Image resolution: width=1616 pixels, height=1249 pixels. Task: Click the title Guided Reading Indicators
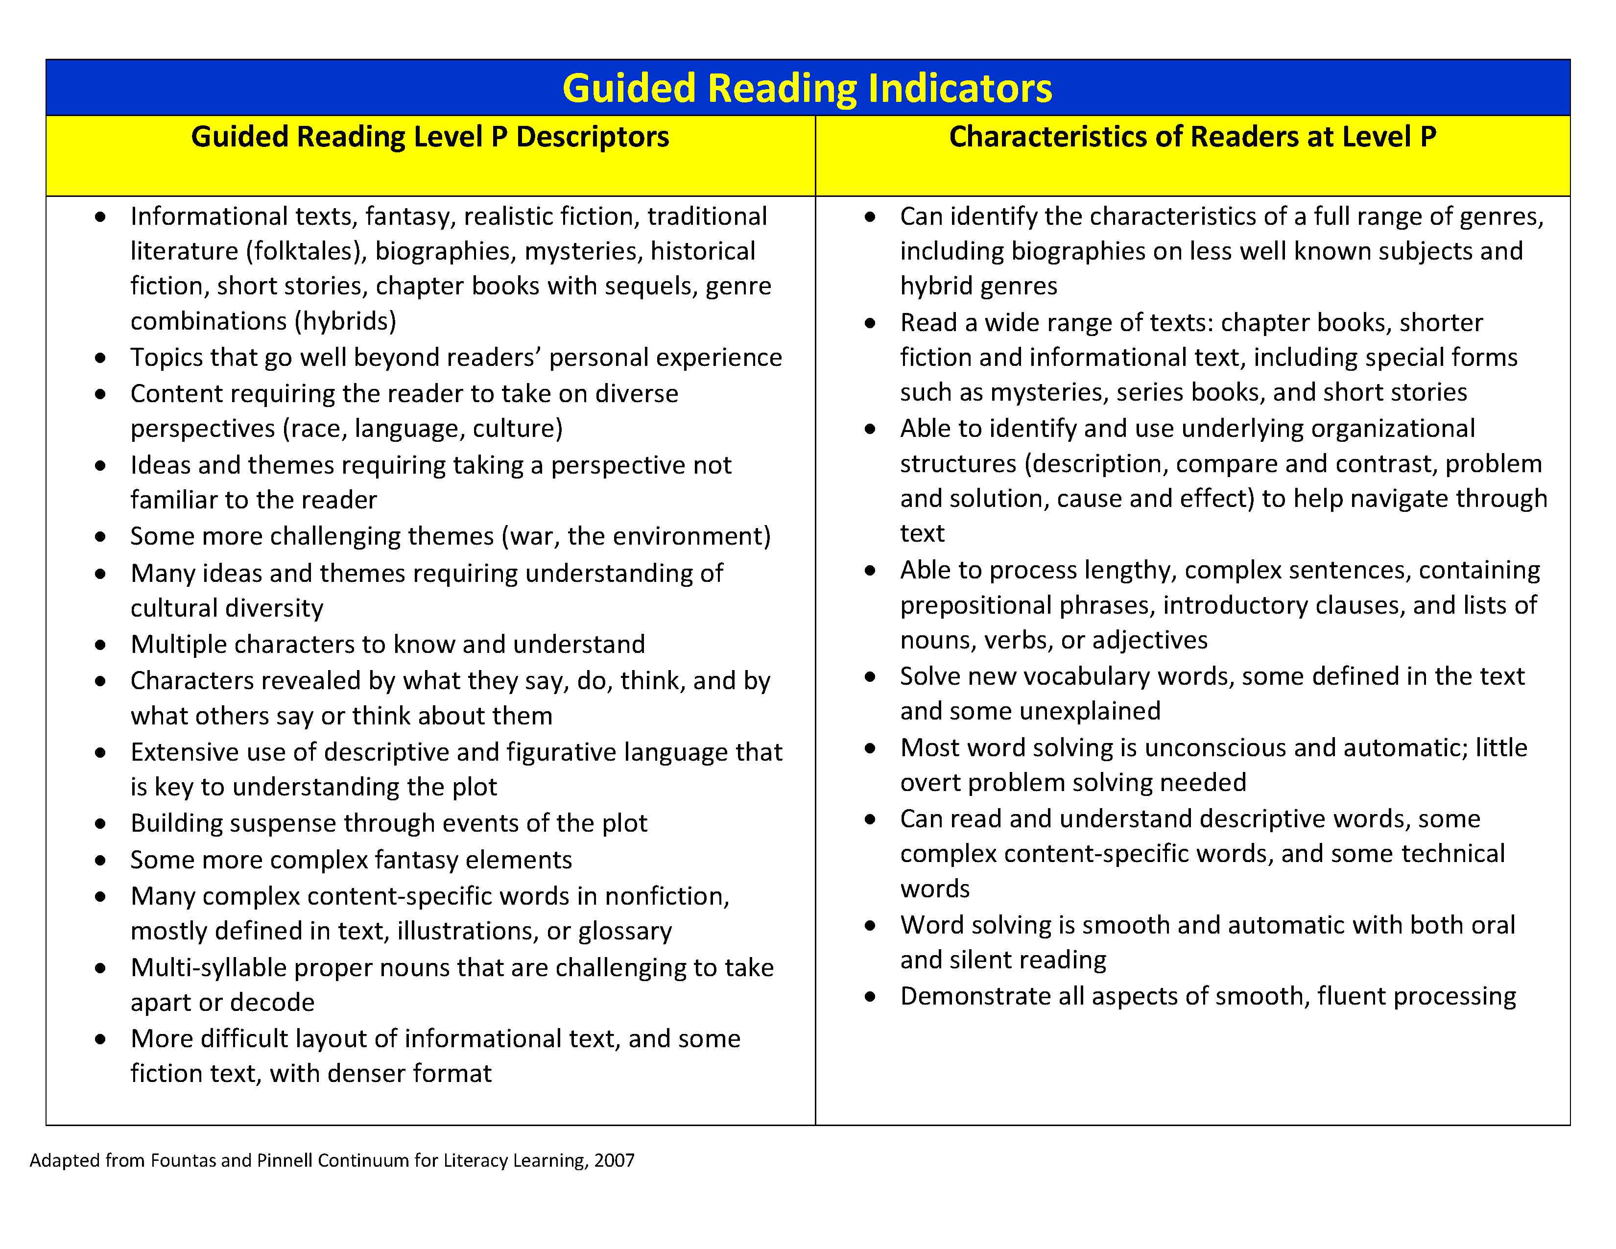pyautogui.click(x=807, y=88)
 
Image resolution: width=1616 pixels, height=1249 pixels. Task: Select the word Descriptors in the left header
pyautogui.click(x=592, y=137)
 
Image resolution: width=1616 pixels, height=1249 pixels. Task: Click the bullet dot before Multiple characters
pyautogui.click(x=100, y=645)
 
